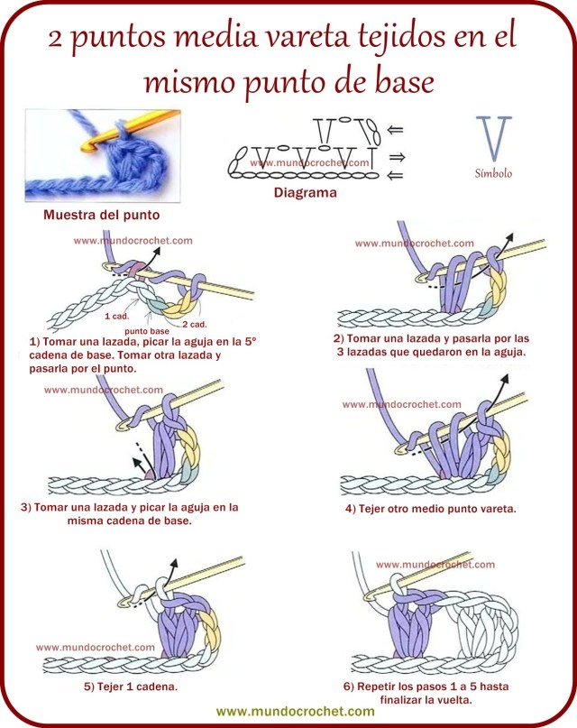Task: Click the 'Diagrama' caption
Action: pos(305,192)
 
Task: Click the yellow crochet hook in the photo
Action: pos(90,136)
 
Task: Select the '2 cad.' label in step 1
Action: pos(193,324)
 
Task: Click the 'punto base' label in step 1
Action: pos(145,331)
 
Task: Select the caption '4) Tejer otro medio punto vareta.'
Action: pos(430,509)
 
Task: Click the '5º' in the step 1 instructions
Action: pos(250,341)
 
